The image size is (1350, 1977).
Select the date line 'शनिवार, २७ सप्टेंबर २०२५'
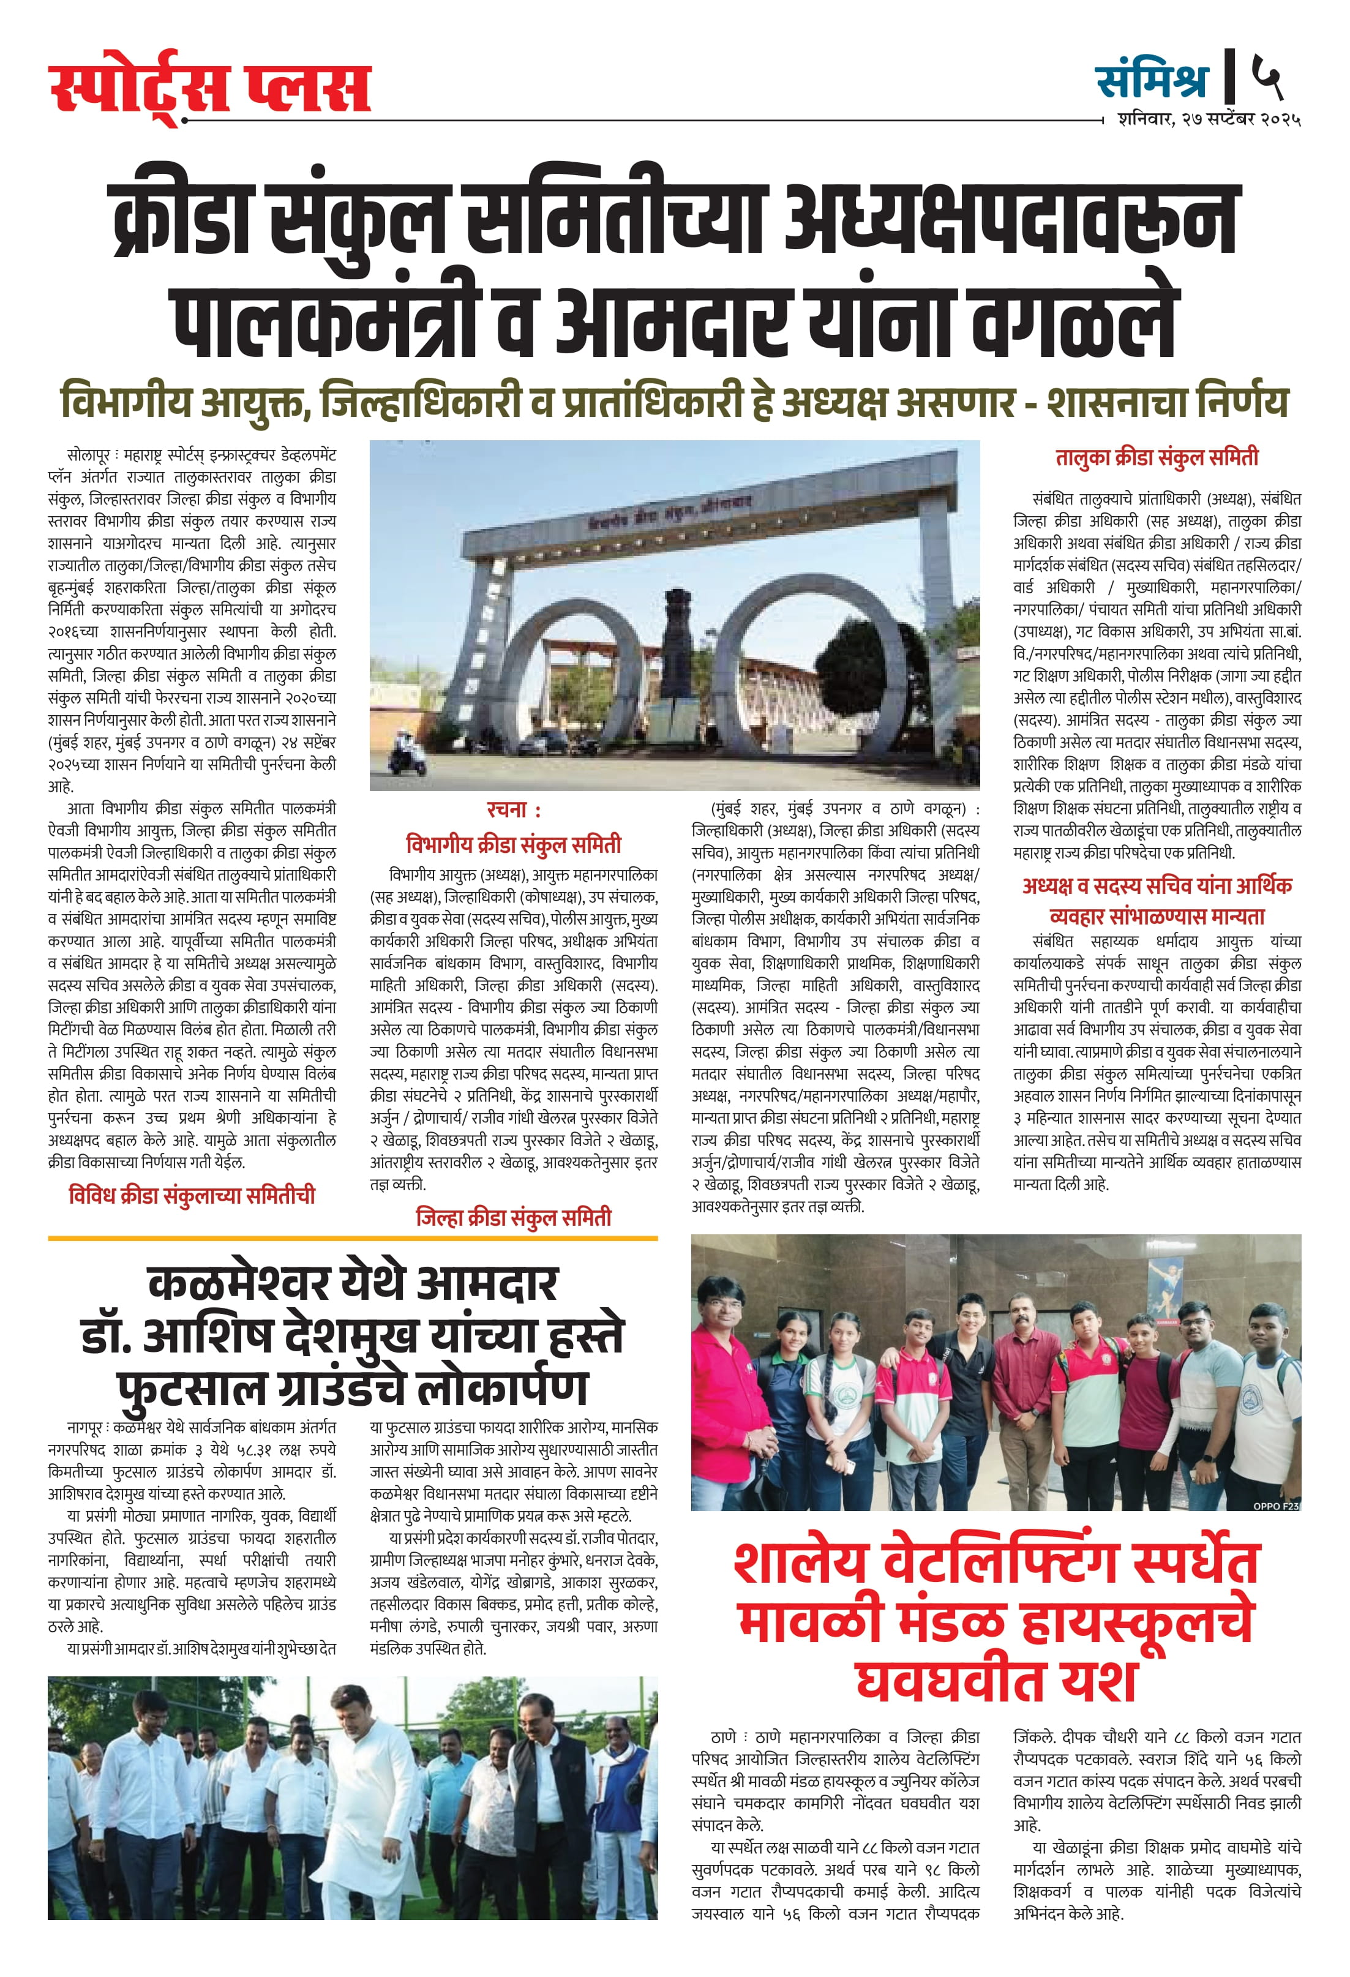pyautogui.click(x=1209, y=119)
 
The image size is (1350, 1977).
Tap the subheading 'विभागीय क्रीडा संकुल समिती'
pyautogui.click(x=513, y=845)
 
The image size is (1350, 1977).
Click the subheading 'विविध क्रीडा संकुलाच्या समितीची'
pyautogui.click(x=192, y=1195)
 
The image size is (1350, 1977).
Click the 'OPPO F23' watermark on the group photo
pyautogui.click(x=1275, y=1506)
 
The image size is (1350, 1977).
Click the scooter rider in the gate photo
pyautogui.click(x=400, y=758)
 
